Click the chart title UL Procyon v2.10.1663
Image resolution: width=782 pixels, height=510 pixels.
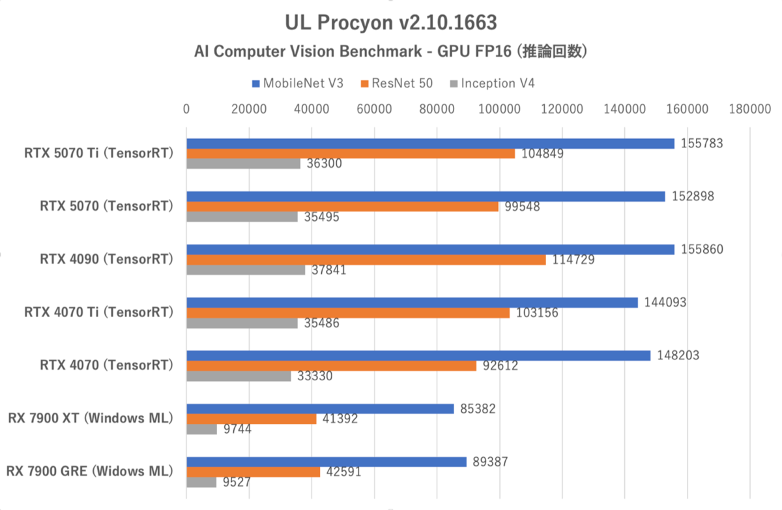coord(390,23)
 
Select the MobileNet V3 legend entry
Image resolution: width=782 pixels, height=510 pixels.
coord(297,83)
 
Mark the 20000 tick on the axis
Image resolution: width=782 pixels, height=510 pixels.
coord(250,110)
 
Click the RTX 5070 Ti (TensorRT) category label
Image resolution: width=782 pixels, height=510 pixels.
coord(98,154)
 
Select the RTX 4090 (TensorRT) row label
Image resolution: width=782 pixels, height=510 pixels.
coord(107,260)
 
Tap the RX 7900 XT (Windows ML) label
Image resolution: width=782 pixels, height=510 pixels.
coord(91,418)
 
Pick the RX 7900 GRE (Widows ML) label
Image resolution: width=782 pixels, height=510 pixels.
coord(89,471)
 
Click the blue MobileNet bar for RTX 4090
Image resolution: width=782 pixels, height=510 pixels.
coord(430,249)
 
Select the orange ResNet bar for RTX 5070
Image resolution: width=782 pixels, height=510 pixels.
coord(342,207)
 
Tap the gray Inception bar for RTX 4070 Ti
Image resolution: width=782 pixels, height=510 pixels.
coord(242,323)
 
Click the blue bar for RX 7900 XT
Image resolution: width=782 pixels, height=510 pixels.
coord(320,409)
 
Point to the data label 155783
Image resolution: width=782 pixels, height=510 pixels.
coord(701,143)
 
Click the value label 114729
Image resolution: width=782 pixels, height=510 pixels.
coord(572,260)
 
